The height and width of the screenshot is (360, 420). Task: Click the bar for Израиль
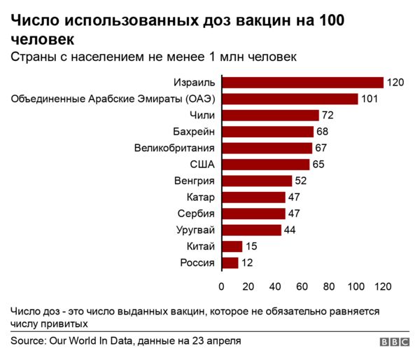[x=302, y=83]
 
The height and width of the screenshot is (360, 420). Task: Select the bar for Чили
[x=270, y=116]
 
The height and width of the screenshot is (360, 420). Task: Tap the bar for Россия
[x=230, y=263]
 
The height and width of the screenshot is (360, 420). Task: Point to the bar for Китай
[x=232, y=247]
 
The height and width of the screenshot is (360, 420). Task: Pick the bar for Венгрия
[x=256, y=181]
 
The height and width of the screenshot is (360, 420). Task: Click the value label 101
[x=369, y=99]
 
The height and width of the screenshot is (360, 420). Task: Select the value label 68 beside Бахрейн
[x=323, y=132]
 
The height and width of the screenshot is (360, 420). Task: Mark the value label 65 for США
[x=318, y=165]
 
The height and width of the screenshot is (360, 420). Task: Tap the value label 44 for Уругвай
[x=290, y=230]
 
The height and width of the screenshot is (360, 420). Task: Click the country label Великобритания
[x=174, y=148]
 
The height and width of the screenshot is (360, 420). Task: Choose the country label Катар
[x=201, y=197]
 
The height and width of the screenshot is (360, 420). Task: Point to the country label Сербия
[x=197, y=214]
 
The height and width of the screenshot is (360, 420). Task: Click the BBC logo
[x=395, y=342]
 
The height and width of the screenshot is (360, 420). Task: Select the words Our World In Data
[x=89, y=341]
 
